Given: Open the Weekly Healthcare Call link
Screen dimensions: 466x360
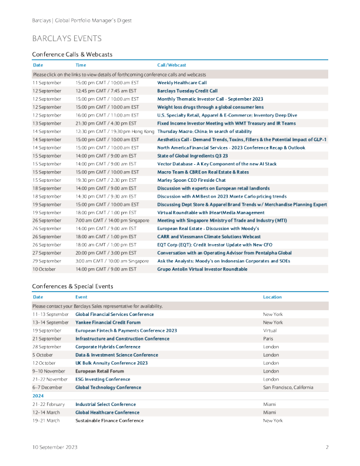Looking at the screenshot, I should coord(182,84).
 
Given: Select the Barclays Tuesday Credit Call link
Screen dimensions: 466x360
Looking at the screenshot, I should coord(187,91).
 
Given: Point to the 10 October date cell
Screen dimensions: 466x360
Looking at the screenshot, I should coord(44,269).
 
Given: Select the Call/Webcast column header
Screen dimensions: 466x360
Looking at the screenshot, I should coord(172,65).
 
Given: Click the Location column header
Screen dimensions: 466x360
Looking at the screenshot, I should coord(272,297).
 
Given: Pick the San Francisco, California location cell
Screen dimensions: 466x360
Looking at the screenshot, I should coord(288,388).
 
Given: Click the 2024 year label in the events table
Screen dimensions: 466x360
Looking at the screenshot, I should coord(38,396).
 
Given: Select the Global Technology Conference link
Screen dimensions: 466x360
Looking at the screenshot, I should coord(108,388).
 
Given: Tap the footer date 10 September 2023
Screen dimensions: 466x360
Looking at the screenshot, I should coord(55,448).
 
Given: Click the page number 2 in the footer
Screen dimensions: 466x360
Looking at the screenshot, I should coord(326,448).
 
